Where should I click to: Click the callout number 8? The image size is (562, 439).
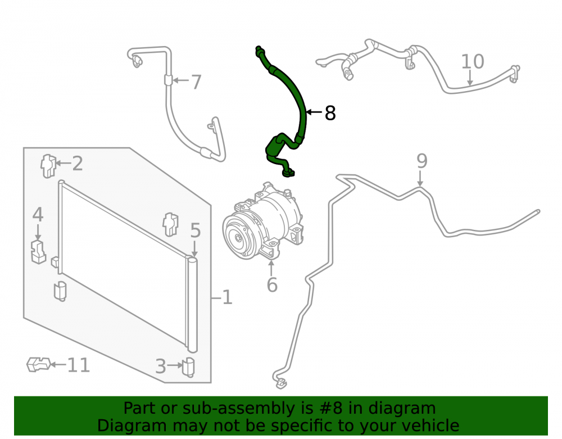pos(330,113)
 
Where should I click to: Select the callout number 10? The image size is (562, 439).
pos(473,62)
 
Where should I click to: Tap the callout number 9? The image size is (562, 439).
pos(422,161)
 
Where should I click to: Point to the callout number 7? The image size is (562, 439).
pos(196,82)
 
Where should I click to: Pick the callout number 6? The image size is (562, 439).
pos(272,285)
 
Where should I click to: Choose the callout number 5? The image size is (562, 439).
pos(196,230)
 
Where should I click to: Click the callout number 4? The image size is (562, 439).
pos(38,215)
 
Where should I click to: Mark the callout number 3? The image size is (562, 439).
pos(161,366)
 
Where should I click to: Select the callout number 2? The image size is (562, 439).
pos(78,164)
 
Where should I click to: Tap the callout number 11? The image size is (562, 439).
pos(79,365)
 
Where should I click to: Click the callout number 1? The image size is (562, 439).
pos(227,297)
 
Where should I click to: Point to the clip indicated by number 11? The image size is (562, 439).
pos(38,364)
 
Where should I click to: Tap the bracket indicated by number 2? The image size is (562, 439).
pos(48,166)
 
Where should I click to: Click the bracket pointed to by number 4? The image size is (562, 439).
pos(38,252)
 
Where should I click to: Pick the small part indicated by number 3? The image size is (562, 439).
pos(188,367)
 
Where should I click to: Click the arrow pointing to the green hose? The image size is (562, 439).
pos(314,112)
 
